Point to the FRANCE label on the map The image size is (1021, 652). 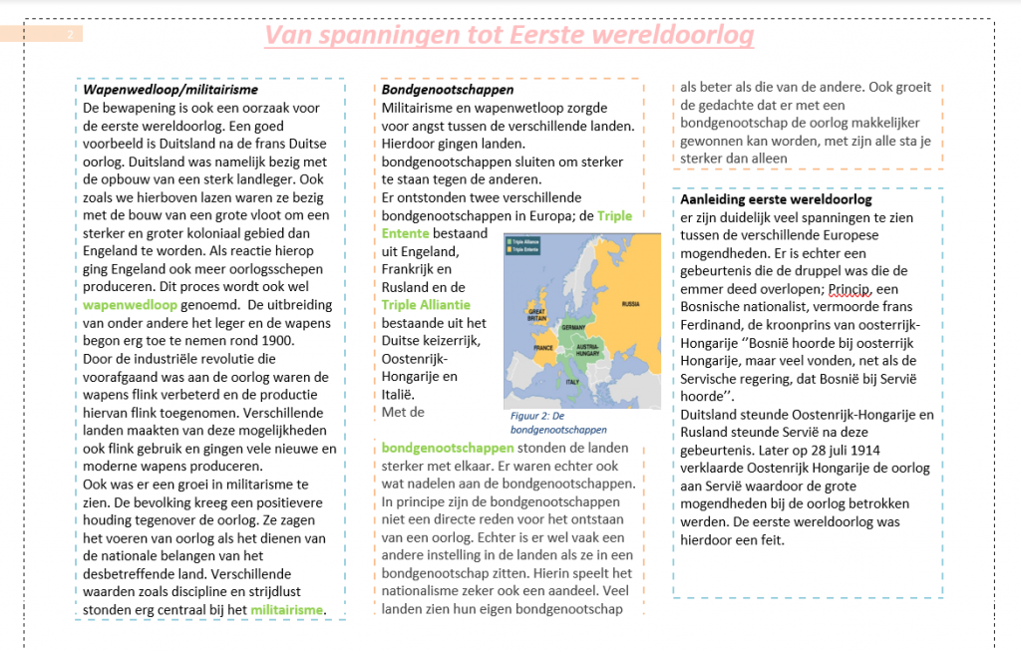[543, 350]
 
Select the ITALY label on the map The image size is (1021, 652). [572, 382]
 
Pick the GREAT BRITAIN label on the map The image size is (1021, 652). [535, 313]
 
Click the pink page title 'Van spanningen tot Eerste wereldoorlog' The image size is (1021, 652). [509, 36]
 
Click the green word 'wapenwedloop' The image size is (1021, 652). [130, 305]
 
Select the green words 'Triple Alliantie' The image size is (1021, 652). [426, 305]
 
